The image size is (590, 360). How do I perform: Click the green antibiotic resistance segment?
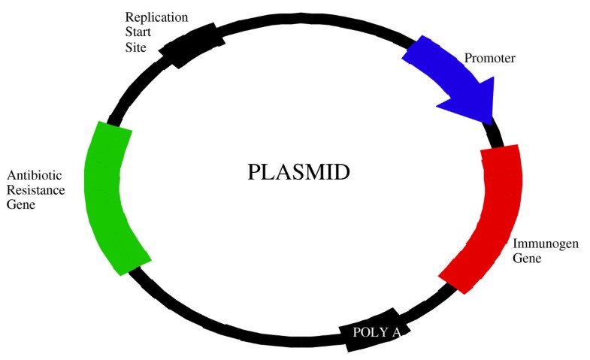tap(113, 195)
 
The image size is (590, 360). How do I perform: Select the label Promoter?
tap(489, 58)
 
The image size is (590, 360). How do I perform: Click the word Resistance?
tap(35, 190)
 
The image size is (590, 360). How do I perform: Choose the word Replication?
tap(156, 17)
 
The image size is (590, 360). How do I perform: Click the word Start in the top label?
tap(138, 32)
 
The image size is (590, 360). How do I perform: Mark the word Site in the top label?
tap(134, 47)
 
